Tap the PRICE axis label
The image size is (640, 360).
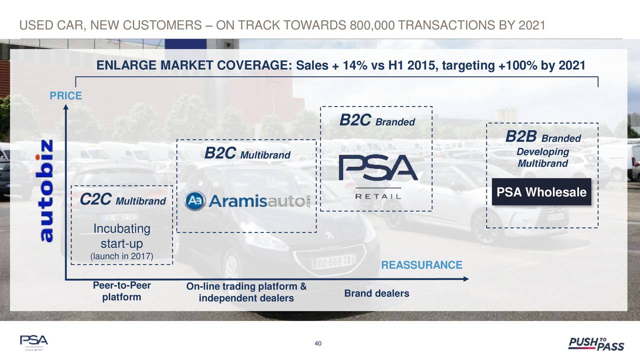65,95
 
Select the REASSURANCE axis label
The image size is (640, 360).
421,265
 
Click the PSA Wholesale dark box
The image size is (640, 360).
541,192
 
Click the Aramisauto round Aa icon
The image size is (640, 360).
195,201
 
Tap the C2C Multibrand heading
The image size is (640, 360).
123,199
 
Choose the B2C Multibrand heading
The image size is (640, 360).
247,153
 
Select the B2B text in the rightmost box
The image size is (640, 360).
521,136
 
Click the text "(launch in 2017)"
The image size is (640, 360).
121,256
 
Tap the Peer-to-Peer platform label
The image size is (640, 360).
121,291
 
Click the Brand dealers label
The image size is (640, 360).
376,293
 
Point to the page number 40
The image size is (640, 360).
318,343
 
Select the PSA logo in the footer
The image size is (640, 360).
33,342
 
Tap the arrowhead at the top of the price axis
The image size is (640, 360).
65,107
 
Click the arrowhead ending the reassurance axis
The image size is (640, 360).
465,279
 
